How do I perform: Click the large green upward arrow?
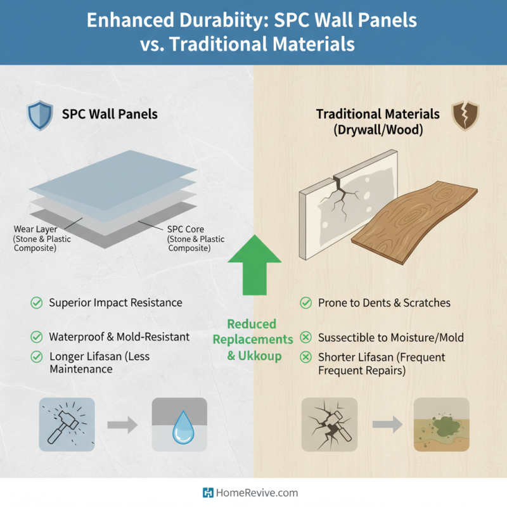coord(254,262)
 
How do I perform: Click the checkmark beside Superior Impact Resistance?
coord(37,303)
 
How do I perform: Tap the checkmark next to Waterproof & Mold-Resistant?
coord(37,337)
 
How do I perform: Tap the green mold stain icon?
coord(441,424)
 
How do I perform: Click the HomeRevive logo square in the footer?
coord(207,492)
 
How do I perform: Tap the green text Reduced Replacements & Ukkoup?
coord(253,340)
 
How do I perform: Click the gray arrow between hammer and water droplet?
coord(122,424)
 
